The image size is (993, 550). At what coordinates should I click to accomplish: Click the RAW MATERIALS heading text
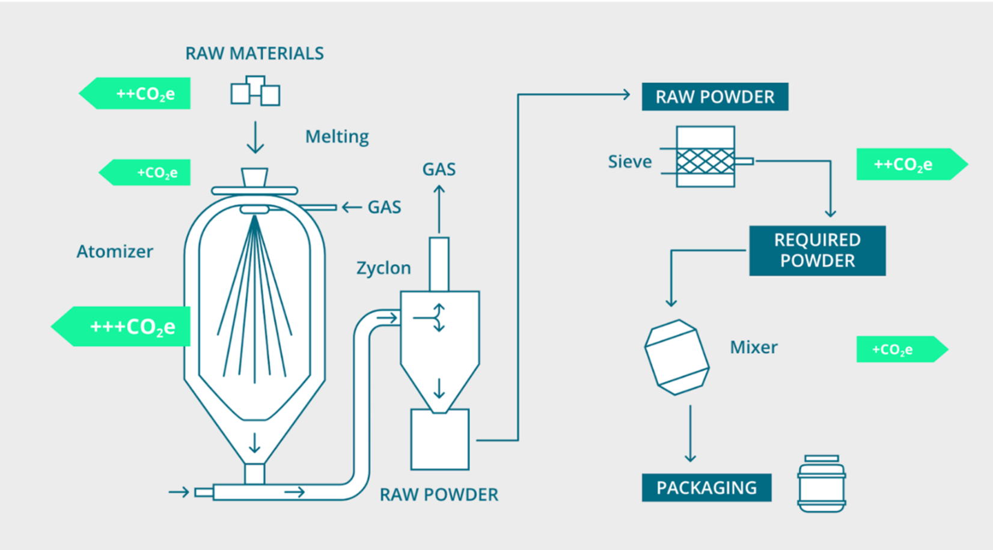[254, 53]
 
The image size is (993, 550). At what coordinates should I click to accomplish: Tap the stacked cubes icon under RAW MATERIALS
[255, 91]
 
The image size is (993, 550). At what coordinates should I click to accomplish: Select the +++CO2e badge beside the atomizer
[123, 327]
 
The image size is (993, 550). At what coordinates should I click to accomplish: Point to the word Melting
[337, 137]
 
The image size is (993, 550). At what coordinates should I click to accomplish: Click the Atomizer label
[115, 252]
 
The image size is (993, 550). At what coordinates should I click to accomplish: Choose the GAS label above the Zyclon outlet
[439, 169]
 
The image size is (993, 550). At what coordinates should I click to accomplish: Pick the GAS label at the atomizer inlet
[384, 207]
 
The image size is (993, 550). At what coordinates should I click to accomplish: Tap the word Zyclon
[383, 268]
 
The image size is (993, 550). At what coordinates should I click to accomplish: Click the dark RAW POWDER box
[715, 97]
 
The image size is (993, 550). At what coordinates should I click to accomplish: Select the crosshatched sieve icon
[705, 157]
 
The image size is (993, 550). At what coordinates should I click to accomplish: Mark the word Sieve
[629, 162]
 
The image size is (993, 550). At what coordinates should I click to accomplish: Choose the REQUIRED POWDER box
[817, 250]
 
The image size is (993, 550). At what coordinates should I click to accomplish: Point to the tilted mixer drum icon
[677, 357]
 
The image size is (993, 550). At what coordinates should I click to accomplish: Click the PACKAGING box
[706, 488]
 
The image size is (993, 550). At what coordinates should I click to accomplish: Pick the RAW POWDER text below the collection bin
[439, 495]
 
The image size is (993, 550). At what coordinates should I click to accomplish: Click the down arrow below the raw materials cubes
[255, 137]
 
